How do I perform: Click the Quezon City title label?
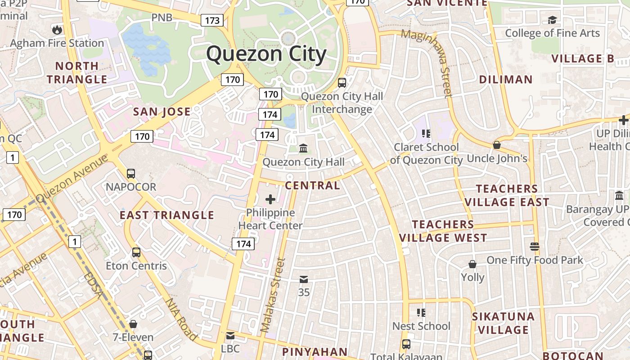click(266, 54)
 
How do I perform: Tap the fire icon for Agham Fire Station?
click(57, 30)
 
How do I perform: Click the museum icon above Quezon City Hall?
click(303, 148)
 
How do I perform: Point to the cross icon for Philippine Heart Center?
click(270, 199)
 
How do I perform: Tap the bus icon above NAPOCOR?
click(131, 173)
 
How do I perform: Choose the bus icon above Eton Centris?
click(136, 252)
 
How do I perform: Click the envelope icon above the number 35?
click(304, 279)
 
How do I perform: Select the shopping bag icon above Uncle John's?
click(497, 145)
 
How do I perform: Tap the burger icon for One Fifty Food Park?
click(535, 247)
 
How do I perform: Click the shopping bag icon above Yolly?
click(472, 264)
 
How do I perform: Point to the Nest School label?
click(421, 326)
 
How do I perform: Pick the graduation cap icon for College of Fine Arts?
click(552, 20)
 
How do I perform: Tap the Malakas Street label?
click(274, 295)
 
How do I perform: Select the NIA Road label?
click(182, 319)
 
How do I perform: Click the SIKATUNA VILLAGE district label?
click(503, 323)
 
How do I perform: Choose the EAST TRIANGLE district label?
click(166, 215)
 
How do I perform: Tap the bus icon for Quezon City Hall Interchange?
click(342, 83)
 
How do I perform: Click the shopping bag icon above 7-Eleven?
click(133, 324)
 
